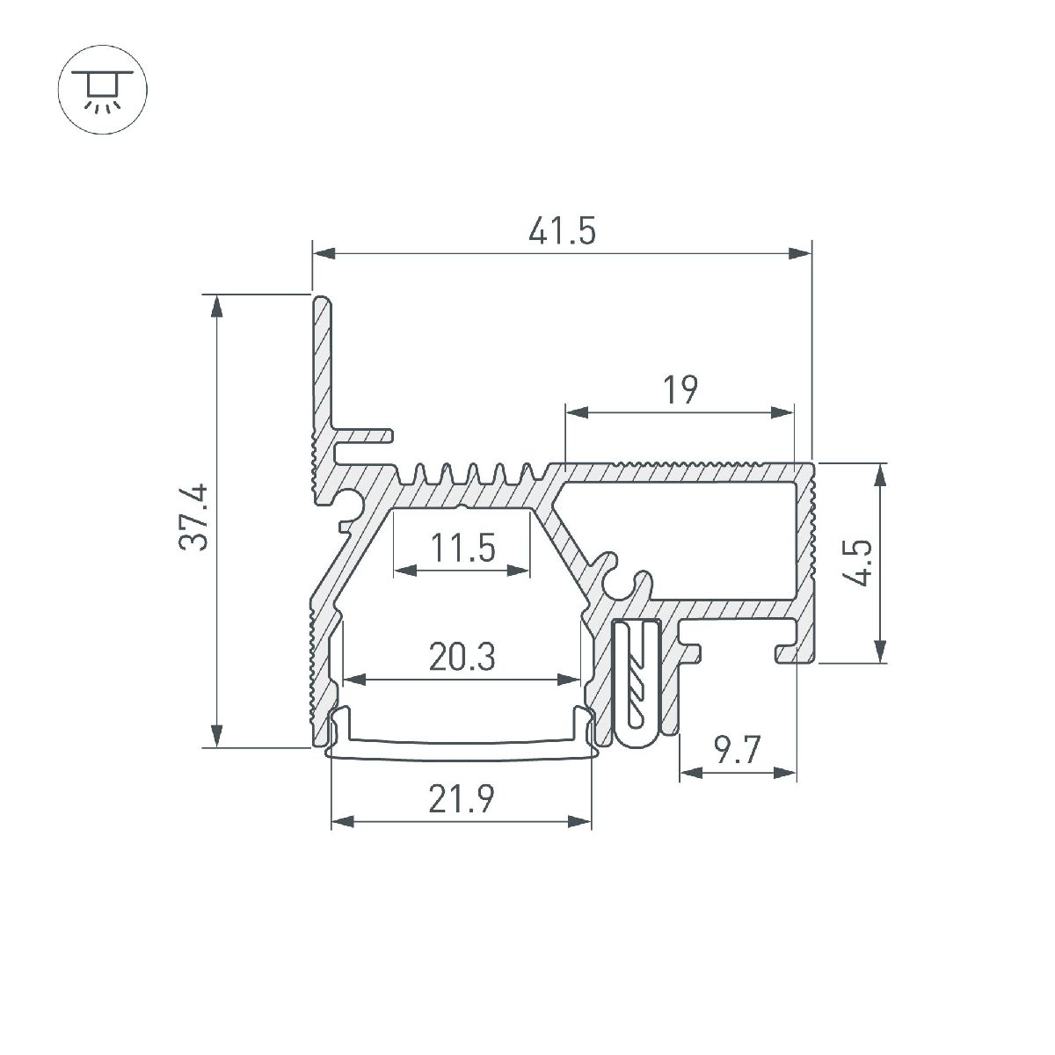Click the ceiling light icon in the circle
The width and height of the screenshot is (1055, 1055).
[x=103, y=90]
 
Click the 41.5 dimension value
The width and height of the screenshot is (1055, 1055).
[x=563, y=232]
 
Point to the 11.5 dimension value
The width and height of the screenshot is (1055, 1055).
[x=463, y=549]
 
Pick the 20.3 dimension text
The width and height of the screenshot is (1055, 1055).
[x=462, y=658]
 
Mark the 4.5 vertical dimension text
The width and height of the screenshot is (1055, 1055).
[x=862, y=563]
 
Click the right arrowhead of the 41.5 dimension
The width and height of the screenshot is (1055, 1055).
[x=800, y=254]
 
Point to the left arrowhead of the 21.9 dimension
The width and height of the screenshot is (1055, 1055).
[x=341, y=822]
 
